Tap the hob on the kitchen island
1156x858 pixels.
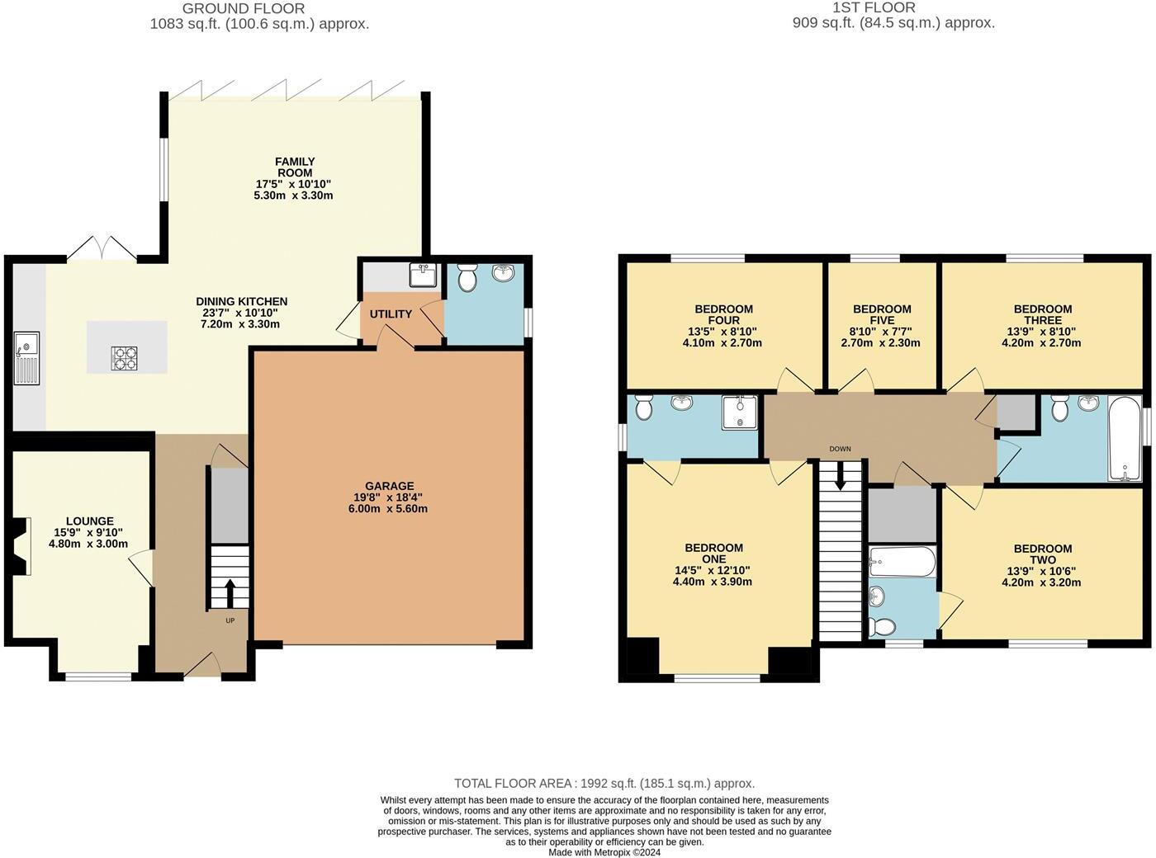click(125, 358)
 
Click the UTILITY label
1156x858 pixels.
click(391, 314)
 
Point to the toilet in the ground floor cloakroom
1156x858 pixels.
click(467, 278)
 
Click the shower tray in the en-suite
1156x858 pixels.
click(739, 412)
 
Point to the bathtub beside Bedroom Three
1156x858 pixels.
click(1124, 438)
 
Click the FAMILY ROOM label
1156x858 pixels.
click(295, 167)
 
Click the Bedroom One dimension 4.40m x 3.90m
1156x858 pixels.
click(713, 582)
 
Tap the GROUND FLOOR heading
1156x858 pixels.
click(243, 8)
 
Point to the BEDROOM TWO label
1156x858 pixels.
click(1042, 554)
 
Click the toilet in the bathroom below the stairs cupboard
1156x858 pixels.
click(882, 628)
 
